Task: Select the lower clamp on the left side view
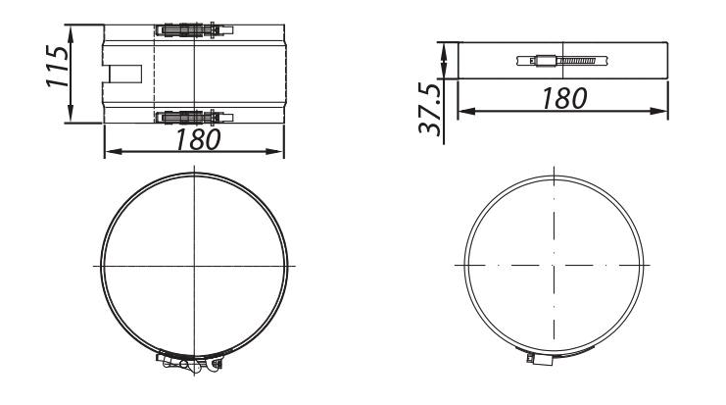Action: (192, 118)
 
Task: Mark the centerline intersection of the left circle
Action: (195, 266)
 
